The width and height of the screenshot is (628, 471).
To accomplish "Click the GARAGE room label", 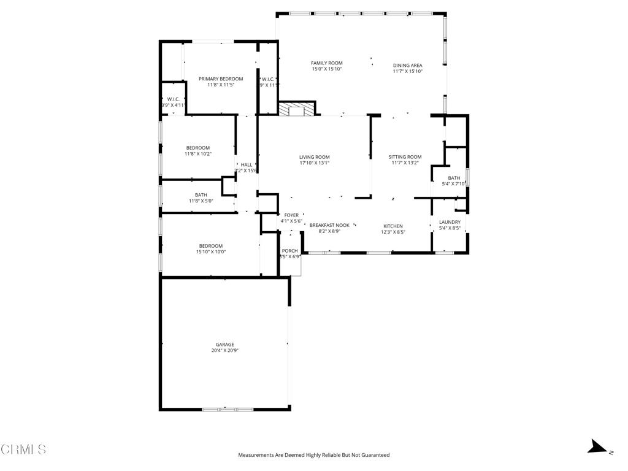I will (224, 345).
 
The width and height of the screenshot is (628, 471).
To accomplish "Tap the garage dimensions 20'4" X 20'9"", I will (224, 351).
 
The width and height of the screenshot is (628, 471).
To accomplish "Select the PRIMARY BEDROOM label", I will (221, 78).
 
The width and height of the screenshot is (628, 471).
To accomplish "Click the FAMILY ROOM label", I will (326, 63).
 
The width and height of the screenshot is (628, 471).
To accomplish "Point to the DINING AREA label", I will (407, 65).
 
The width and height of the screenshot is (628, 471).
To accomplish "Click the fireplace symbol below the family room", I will (297, 109).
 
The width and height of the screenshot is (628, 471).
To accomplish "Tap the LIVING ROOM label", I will (315, 157).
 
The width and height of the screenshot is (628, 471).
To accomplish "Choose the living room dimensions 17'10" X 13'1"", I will (315, 163).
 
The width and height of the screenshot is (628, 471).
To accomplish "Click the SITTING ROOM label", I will (405, 157).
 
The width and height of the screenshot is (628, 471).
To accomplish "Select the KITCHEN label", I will (393, 226).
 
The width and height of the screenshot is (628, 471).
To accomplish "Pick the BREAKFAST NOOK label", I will (329, 225).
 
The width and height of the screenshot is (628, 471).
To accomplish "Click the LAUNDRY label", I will (450, 222).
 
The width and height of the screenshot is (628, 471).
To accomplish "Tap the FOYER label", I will (291, 215).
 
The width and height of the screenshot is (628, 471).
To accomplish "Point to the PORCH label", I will (289, 251).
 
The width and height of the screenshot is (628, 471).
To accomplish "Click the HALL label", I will (246, 164).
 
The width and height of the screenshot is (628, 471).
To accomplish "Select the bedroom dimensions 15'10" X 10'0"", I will (210, 251).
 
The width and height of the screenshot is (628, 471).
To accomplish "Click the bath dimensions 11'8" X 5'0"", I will (201, 201).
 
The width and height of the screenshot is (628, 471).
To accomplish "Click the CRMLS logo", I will (23, 450).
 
